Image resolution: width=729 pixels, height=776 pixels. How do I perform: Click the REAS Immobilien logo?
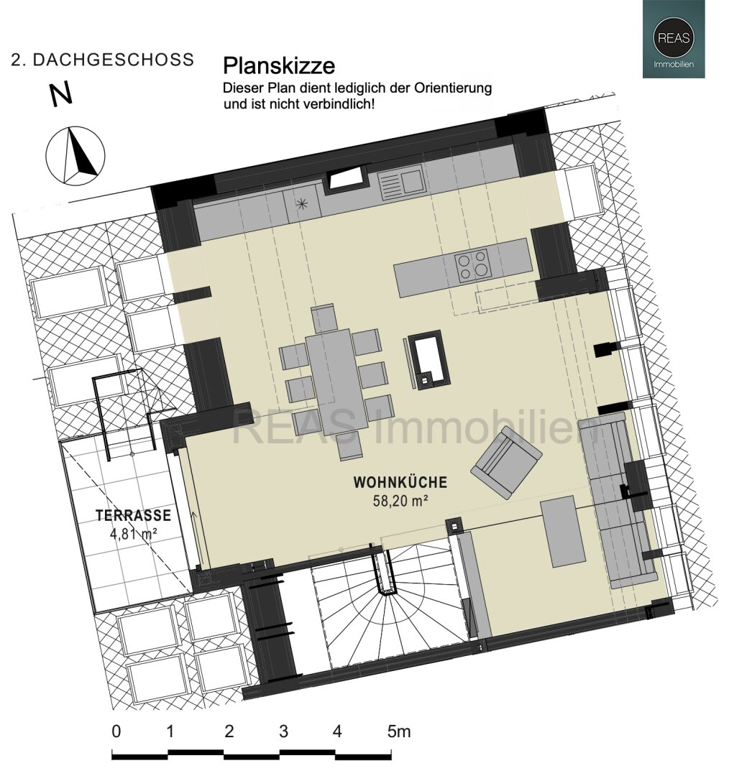pos(674,39)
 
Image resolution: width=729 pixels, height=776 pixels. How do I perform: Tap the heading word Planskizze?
pos(279,66)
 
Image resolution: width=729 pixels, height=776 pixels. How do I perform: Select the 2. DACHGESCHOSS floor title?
pos(103,60)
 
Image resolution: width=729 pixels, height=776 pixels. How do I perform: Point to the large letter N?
pos(61,94)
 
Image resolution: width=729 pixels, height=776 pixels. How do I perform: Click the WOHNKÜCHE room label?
pos(400,482)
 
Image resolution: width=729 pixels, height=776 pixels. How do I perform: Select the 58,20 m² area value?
pos(400,501)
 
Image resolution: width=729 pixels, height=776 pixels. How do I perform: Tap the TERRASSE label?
pos(134,515)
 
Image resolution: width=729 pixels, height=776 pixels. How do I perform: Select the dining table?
pos(336,380)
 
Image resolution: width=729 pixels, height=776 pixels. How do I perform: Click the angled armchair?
pos(506,462)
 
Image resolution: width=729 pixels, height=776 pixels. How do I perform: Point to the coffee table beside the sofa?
pos(562,532)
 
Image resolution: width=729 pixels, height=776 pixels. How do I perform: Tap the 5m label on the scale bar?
pos(399,731)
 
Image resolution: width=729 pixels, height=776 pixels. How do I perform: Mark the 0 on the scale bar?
pos(116,731)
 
